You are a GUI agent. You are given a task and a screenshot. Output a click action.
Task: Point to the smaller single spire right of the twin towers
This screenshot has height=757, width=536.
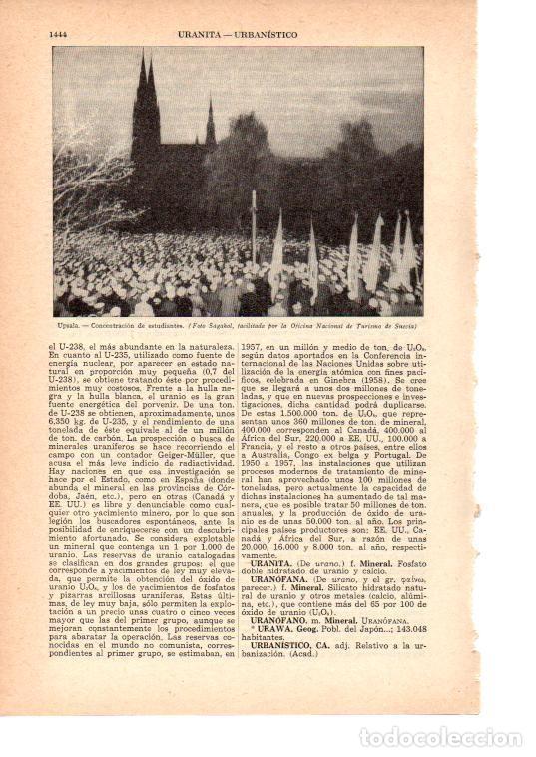(210, 125)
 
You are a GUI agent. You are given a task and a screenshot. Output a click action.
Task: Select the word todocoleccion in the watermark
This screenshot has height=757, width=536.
(456, 710)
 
